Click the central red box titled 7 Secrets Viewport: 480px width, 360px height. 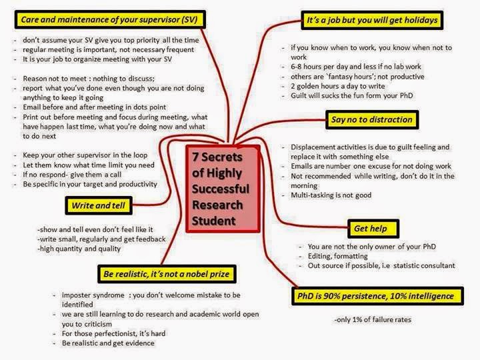click(x=223, y=189)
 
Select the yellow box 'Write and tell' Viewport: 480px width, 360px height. click(x=99, y=205)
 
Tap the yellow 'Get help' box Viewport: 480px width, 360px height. click(x=373, y=229)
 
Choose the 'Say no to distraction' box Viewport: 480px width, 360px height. click(x=372, y=120)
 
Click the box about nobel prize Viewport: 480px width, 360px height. click(x=167, y=274)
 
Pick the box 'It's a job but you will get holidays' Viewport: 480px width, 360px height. click(x=372, y=20)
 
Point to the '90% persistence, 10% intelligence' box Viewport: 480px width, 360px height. click(x=377, y=296)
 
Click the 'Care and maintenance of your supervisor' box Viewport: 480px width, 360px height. click(x=110, y=19)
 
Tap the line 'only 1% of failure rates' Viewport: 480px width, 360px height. click(x=373, y=320)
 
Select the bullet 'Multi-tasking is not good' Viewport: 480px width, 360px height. click(x=331, y=195)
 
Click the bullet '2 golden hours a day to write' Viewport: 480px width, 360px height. click(x=337, y=86)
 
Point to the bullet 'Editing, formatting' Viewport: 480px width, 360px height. click(x=337, y=256)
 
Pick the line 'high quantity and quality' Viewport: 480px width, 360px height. click(x=79, y=249)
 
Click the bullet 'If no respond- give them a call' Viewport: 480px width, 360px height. click(x=72, y=175)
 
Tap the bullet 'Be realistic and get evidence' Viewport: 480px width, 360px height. click(x=108, y=343)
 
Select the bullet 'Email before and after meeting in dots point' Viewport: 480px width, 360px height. click(x=94, y=107)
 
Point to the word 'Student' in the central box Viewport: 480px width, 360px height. click(x=214, y=221)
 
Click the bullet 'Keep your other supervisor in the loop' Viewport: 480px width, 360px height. click(x=85, y=155)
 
